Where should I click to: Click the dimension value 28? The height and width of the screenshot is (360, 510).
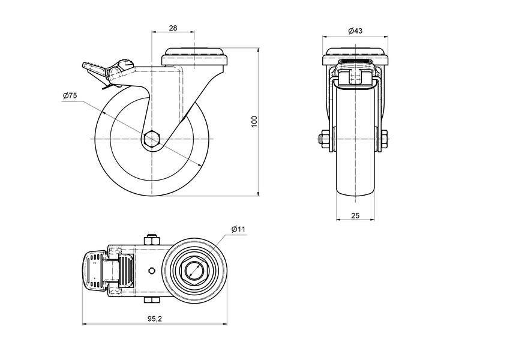tap(173, 28)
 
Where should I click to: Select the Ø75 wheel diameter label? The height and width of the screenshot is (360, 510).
tap(70, 96)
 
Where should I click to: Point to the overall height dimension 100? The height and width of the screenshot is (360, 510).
tap(254, 121)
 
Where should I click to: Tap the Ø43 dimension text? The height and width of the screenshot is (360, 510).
tap(355, 31)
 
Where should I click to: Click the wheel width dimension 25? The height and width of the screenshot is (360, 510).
tap(355, 214)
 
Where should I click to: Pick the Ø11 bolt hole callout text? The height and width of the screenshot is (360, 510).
tap(238, 229)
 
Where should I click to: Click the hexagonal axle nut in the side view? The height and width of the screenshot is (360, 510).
tap(152, 139)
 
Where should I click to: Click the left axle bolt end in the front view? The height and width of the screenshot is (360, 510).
tap(322, 140)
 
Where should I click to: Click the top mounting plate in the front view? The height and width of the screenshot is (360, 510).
tap(355, 59)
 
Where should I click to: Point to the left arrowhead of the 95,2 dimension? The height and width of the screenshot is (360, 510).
tap(83, 325)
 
